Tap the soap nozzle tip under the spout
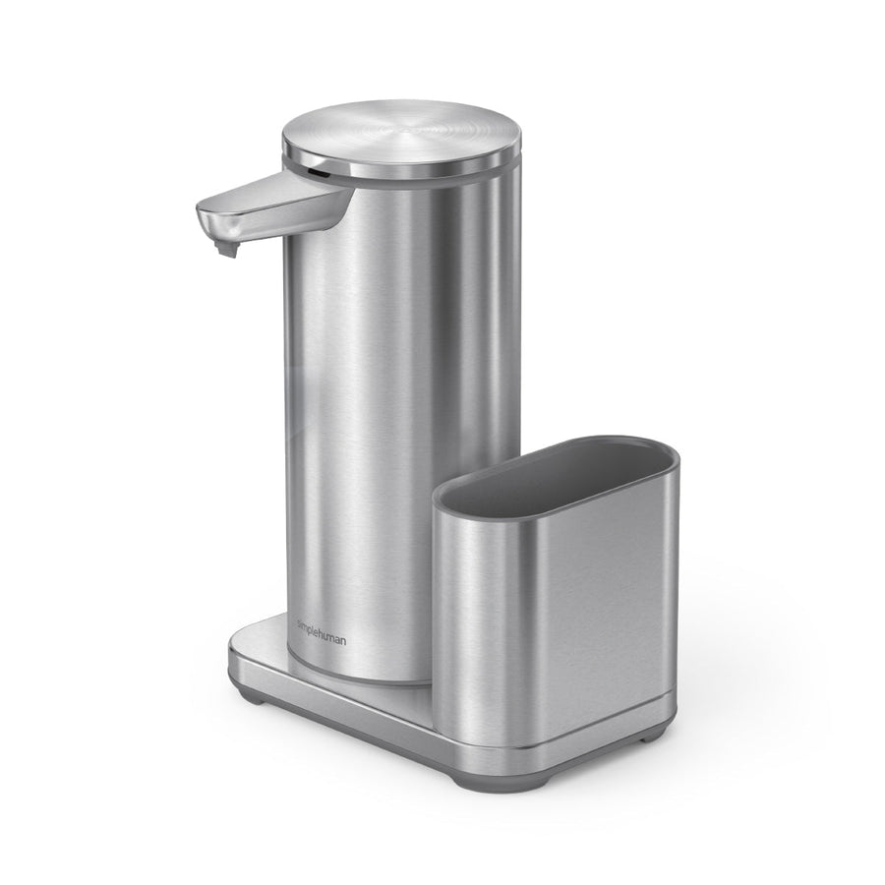(227, 250)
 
